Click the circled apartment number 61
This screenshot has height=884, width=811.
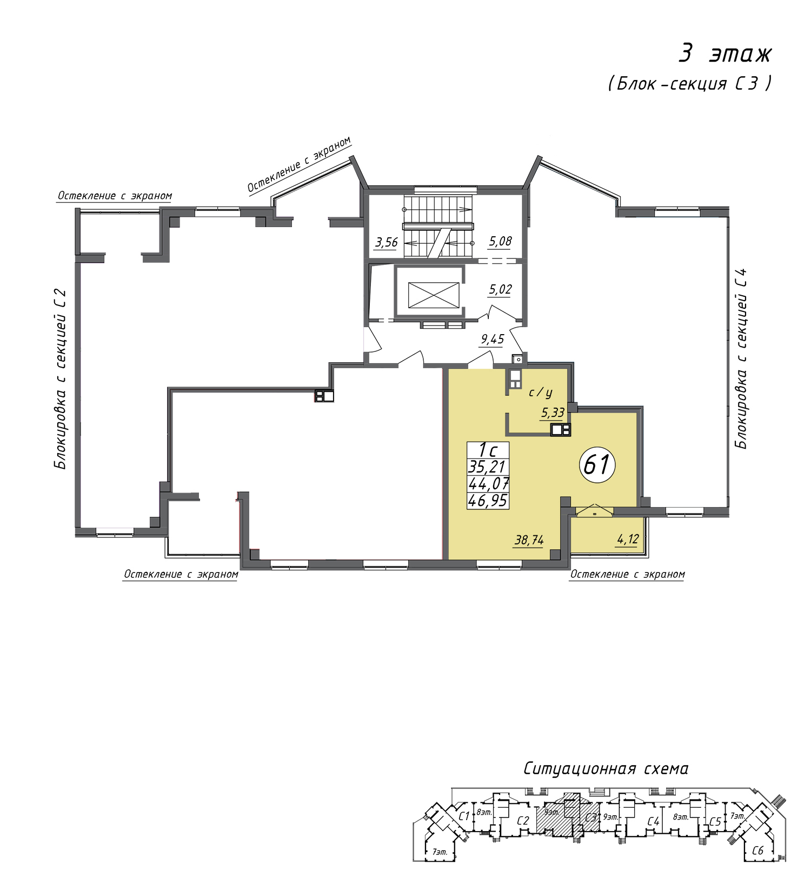click(x=597, y=464)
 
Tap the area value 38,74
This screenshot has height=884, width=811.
click(x=529, y=540)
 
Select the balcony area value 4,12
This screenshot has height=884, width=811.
click(x=628, y=539)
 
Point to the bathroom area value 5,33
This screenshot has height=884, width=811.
click(x=553, y=413)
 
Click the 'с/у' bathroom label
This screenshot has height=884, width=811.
click(x=540, y=393)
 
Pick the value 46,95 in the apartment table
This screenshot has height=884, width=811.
click(x=488, y=501)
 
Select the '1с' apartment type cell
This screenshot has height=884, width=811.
click(x=488, y=450)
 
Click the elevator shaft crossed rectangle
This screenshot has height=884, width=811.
click(x=433, y=295)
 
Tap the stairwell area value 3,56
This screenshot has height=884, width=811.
click(x=387, y=242)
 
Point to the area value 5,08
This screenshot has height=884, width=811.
click(x=500, y=241)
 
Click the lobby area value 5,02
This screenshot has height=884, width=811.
click(x=500, y=289)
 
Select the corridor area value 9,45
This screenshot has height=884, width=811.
click(x=493, y=340)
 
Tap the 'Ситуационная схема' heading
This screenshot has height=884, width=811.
click(x=606, y=768)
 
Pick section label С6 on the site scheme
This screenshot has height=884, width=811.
click(x=757, y=850)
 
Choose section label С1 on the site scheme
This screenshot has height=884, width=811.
click(x=463, y=816)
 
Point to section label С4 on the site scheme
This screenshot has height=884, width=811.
click(x=653, y=822)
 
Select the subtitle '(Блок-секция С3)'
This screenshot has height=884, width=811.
click(x=690, y=84)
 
